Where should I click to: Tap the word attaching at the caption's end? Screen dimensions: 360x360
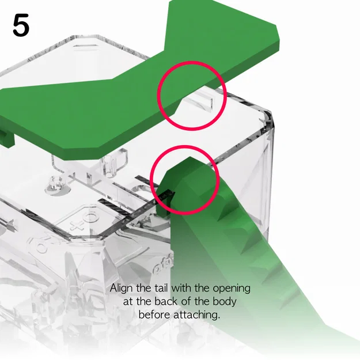[200, 316]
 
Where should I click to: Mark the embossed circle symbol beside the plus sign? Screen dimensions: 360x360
[91, 217]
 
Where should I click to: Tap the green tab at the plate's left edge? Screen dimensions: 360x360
[6, 136]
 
